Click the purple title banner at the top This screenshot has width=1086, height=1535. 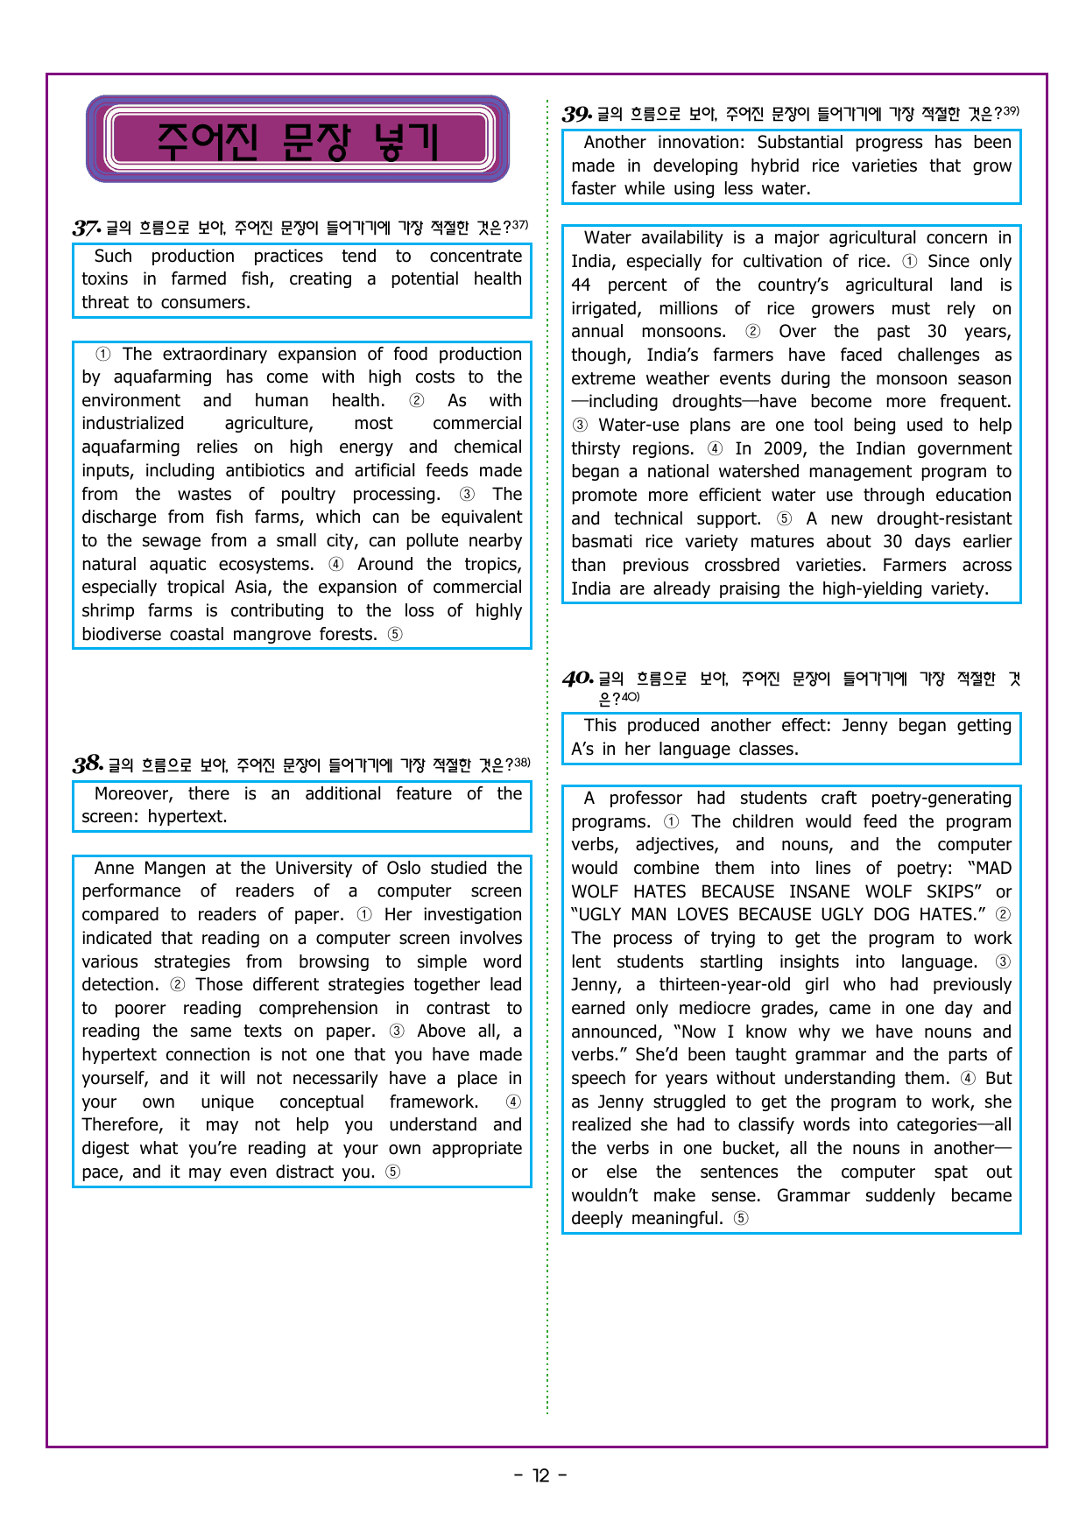coord(297,139)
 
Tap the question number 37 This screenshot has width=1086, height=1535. coord(87,229)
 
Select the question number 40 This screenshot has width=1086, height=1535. coord(577,679)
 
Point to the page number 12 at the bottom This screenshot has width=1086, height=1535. coord(541,1475)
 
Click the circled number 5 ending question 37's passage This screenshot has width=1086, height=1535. coord(395,635)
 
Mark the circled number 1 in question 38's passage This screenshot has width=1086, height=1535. coord(364,915)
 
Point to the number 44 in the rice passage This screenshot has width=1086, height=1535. coord(581,285)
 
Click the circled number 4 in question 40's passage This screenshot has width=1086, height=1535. coord(968,1079)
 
